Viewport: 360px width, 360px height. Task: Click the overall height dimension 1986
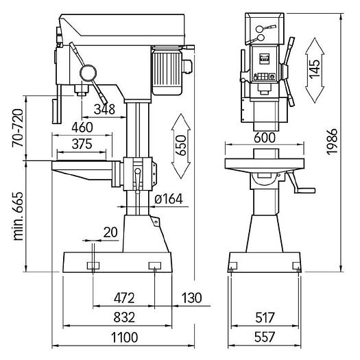332,142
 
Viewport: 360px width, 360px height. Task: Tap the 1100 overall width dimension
124,337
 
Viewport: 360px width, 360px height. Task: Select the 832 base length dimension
124,317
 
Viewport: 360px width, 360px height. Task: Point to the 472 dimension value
124,298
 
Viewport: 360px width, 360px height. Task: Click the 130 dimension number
192,298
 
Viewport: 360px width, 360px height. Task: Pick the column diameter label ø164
169,199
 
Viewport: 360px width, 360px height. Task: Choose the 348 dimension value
104,109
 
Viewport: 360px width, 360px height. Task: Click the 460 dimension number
82,127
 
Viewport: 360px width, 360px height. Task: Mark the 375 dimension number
82,144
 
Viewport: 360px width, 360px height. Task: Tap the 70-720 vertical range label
18,128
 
